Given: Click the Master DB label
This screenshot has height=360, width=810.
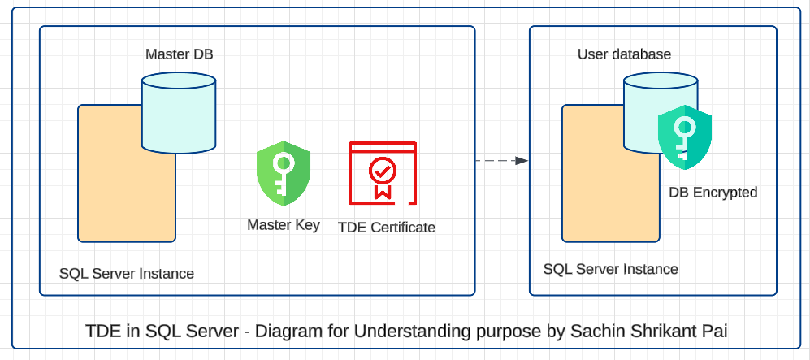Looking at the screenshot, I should [x=179, y=54].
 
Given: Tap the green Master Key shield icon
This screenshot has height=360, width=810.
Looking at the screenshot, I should [x=284, y=173].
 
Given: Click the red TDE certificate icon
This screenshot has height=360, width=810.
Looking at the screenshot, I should [x=382, y=173].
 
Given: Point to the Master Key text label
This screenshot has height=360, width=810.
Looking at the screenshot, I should [x=284, y=225].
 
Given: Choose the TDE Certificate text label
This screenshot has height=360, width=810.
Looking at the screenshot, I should [x=386, y=228].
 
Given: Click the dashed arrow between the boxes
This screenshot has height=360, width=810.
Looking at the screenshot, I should [x=501, y=161].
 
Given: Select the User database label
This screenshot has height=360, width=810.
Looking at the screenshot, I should [x=624, y=54].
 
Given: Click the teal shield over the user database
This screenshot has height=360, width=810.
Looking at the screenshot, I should [x=684, y=137].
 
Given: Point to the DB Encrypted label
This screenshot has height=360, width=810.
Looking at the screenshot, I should [x=713, y=193].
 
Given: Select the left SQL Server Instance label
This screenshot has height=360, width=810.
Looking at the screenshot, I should [x=127, y=273].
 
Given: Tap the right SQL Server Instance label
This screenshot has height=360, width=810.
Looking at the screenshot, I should [x=610, y=269].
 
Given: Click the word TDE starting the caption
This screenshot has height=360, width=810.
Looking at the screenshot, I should [x=102, y=332].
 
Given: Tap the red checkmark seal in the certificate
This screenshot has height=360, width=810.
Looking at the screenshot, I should [x=382, y=171].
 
